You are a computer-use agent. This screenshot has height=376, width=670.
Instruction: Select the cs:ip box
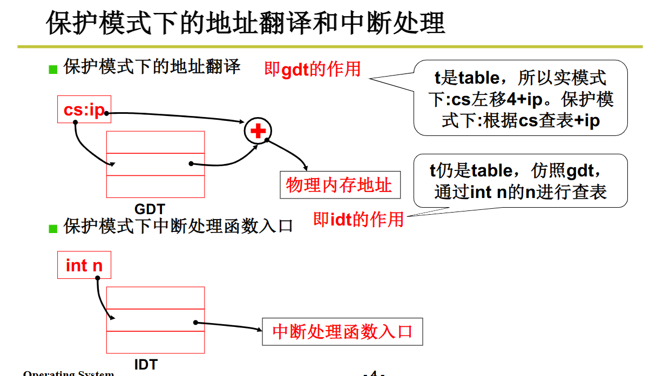84,110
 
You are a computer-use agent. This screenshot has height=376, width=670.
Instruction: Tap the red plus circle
258,131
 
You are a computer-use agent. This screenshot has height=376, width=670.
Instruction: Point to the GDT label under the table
150,209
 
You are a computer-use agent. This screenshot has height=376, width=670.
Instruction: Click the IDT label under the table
146,365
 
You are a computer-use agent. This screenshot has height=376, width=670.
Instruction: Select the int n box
84,265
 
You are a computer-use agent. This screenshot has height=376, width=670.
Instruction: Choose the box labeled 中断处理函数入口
342,331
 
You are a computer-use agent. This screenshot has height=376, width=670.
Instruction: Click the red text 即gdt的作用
312,69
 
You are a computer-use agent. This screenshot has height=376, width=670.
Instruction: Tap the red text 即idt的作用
358,219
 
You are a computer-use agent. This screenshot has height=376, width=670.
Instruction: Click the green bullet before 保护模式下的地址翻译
53,69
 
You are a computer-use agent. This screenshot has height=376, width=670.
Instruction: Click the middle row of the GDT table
155,164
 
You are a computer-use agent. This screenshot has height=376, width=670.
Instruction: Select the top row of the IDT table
155,298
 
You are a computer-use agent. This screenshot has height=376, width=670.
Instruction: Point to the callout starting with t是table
520,98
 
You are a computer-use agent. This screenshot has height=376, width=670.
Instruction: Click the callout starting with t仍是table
520,181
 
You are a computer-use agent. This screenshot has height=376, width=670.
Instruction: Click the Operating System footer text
69,373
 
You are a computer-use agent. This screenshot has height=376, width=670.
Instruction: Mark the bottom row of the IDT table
155,342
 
